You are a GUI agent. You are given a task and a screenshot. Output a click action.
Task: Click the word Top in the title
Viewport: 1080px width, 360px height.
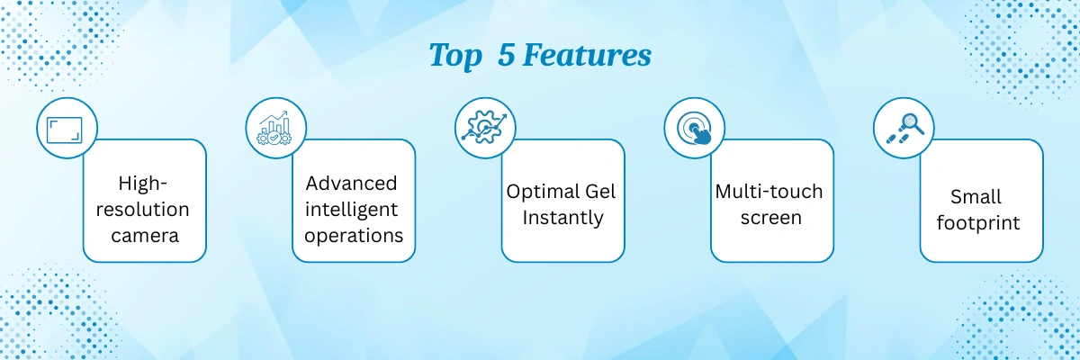455,56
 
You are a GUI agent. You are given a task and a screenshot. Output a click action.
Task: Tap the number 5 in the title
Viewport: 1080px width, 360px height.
506,55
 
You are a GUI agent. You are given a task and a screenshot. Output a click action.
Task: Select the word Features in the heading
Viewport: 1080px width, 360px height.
587,55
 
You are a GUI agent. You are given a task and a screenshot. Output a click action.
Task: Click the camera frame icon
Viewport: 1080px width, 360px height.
65,130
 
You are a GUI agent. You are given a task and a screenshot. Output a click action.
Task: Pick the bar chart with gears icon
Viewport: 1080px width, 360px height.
274,128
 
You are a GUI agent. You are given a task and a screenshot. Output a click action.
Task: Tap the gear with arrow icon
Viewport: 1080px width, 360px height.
484,128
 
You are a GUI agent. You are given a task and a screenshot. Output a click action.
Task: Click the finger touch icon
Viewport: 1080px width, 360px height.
695,128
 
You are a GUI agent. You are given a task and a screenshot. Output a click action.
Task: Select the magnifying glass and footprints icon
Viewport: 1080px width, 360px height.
905,128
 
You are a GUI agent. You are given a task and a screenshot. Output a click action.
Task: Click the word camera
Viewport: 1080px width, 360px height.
145,236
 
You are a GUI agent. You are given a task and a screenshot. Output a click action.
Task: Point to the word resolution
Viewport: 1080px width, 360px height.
143,209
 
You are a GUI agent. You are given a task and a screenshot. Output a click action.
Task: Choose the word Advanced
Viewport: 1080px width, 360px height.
351,183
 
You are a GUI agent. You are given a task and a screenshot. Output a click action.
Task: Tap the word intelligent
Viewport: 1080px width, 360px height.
351,210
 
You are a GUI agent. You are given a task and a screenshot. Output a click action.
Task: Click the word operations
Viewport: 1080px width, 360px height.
354,236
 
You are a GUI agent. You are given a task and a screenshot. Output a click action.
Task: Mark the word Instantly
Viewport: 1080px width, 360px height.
562,218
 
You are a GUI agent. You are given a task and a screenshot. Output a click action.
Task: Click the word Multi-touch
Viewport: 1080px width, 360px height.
769,192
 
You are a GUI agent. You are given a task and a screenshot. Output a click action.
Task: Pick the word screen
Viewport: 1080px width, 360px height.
771,218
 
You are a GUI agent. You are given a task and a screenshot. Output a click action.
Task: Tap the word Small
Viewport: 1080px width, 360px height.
976,196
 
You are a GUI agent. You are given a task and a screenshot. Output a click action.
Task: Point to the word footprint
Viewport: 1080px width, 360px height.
978,222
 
